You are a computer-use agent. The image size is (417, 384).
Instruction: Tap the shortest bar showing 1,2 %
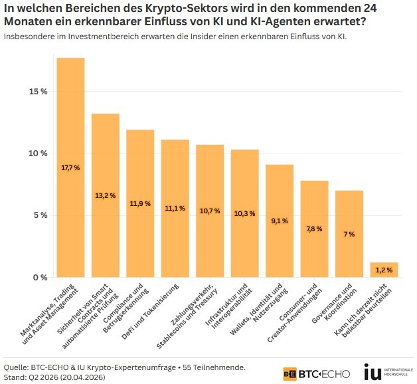(384, 270)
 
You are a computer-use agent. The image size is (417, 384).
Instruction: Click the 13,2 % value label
(105, 195)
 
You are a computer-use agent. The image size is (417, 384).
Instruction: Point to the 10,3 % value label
(245, 213)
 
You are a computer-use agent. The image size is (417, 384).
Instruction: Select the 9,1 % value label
(280, 221)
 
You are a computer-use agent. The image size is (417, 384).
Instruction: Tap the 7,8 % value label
(314, 229)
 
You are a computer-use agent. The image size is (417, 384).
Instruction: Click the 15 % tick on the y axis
(37, 92)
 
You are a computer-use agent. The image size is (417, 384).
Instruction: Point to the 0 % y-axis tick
(41, 277)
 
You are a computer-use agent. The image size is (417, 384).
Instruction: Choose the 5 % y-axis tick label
(41, 215)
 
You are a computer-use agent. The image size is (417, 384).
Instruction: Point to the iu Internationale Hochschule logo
(388, 372)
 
